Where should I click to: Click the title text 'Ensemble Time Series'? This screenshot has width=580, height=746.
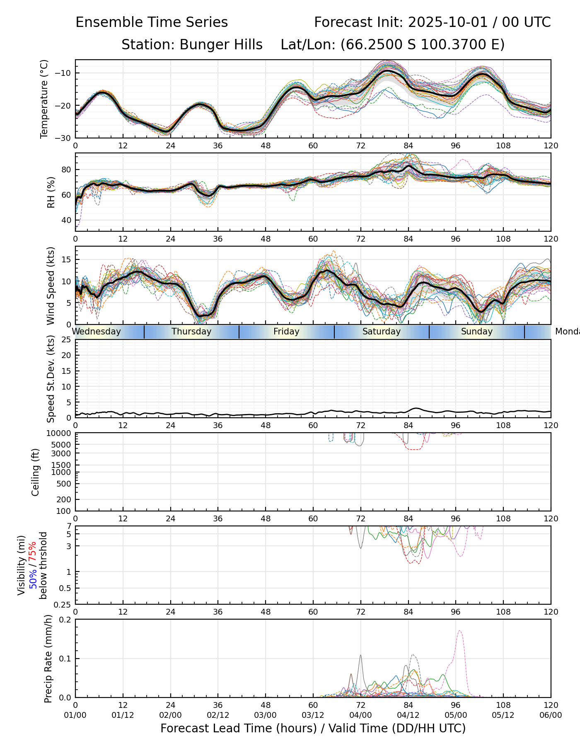152,22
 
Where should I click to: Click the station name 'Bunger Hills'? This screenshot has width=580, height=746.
221,45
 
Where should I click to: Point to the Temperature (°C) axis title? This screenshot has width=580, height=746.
44,99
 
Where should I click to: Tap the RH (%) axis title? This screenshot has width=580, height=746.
51,192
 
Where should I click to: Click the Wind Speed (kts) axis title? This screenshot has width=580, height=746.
51,286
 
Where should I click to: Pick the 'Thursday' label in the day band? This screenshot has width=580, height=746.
191,332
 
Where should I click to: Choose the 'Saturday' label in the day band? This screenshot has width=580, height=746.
381,332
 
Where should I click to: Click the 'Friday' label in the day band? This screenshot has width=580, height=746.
286,332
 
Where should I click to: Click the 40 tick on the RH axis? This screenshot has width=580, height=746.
66,220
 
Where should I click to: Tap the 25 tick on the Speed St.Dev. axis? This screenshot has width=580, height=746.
66,340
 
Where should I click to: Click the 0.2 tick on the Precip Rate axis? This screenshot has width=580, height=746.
65,620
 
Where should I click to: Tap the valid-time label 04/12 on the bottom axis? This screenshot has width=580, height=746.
408,715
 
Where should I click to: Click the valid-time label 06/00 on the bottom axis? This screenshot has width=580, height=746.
551,715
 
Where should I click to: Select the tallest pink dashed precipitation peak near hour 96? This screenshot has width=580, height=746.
460,631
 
